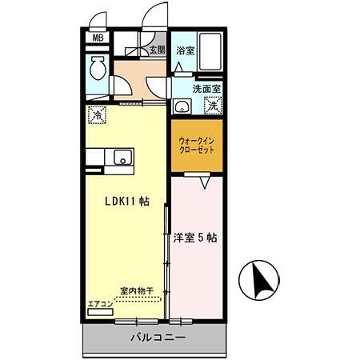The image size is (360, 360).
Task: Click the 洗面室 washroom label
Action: [x=207, y=90]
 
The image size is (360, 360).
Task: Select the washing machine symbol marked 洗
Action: [x=214, y=105]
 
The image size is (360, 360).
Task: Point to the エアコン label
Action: [x=101, y=303]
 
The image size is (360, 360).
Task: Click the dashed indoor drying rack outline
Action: [x=138, y=300]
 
